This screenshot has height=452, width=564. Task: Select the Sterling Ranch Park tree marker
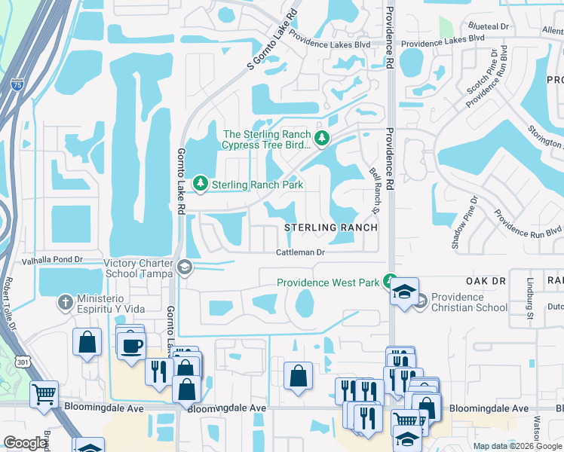201,184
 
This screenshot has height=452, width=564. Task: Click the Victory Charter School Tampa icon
184,268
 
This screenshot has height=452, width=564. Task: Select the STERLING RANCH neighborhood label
330,228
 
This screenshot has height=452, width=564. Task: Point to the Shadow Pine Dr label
465,222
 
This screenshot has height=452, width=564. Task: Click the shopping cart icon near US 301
44,393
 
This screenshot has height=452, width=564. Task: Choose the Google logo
26,443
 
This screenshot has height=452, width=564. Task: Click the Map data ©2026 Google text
516,446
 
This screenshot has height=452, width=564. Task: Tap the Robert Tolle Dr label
8,301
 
